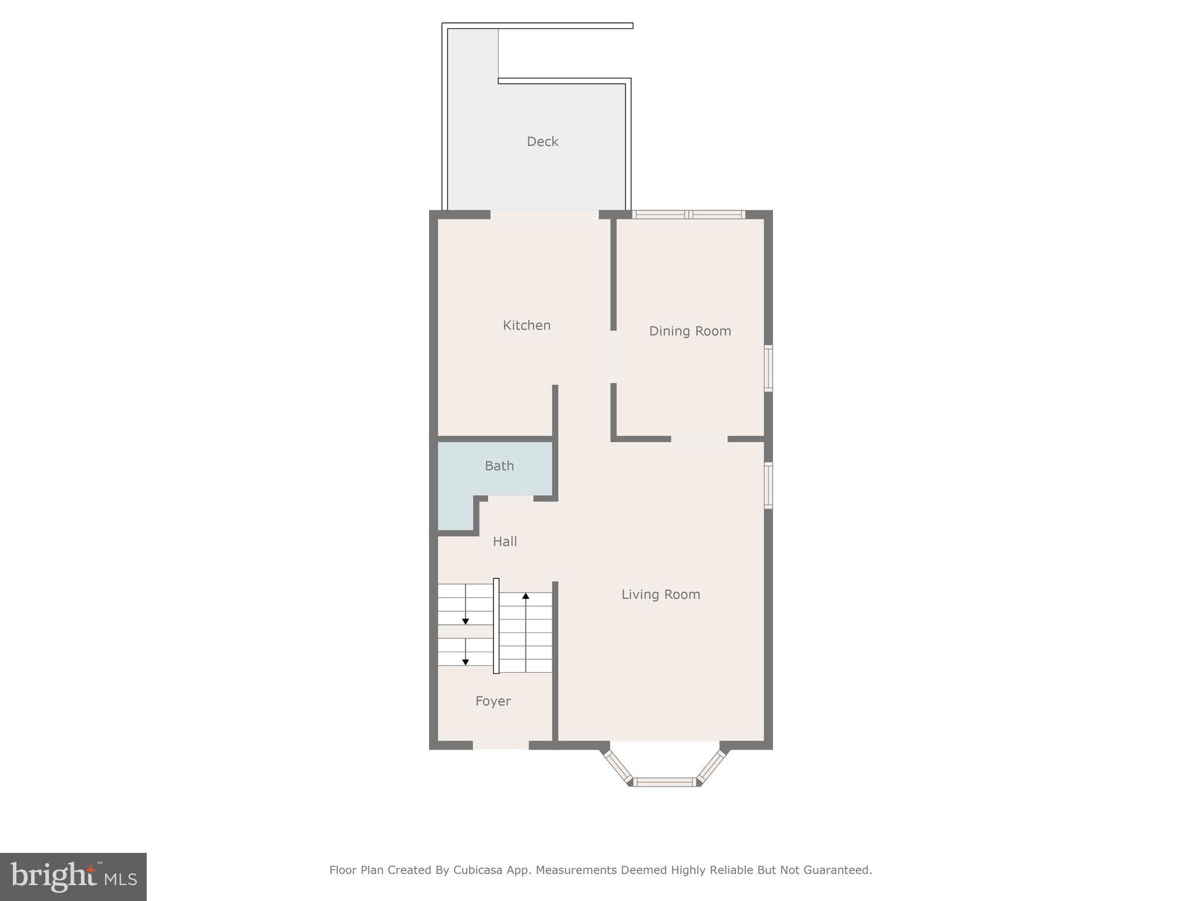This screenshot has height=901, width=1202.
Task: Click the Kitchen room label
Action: tap(526, 326)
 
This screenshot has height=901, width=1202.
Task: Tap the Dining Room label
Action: tap(690, 331)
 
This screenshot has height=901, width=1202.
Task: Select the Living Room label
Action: tap(660, 595)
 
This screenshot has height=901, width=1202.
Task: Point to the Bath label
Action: tap(499, 466)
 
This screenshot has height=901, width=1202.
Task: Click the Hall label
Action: tap(505, 542)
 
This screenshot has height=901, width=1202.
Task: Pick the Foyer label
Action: tap(493, 702)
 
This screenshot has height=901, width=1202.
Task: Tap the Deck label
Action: tap(542, 142)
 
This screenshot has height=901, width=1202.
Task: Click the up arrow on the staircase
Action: tap(526, 597)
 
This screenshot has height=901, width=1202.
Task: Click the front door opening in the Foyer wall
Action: tap(501, 745)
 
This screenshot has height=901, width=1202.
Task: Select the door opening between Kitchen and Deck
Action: tap(544, 215)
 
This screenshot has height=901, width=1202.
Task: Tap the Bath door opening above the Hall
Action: tap(511, 499)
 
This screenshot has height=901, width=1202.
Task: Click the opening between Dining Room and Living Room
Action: tap(699, 439)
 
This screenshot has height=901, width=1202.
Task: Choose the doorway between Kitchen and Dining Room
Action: tap(613, 357)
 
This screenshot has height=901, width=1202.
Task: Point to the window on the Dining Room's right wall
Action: tap(768, 368)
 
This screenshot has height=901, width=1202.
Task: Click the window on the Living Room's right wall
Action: tap(768, 485)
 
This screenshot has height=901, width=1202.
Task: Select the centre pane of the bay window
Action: tap(665, 781)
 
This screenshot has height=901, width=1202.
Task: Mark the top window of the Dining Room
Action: tap(689, 215)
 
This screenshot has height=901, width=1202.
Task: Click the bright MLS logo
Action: tap(73, 877)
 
